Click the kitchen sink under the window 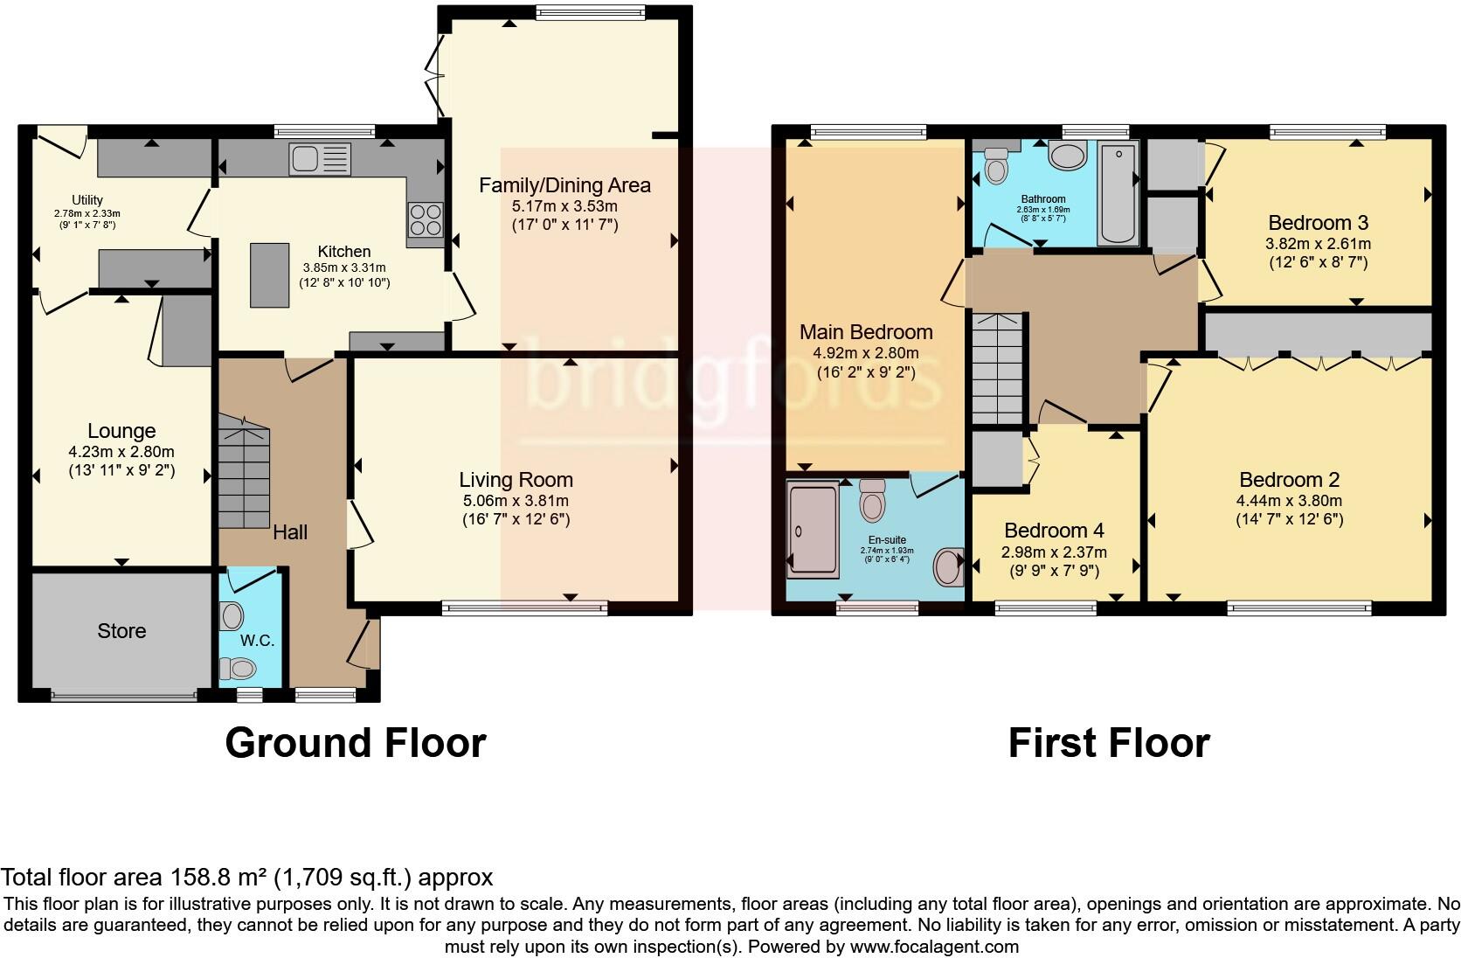320,160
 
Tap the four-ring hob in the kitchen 426,219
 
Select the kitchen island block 270,274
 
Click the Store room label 121,631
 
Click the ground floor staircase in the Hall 244,473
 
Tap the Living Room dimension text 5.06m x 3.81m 516,501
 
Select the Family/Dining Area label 564,185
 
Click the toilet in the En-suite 871,500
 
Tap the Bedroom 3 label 1318,222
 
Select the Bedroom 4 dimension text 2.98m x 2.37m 1054,552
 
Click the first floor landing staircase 997,368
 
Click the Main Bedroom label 866,332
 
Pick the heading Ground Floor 355,743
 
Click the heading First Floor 1108,743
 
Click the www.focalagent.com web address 934,946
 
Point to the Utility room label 87,200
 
